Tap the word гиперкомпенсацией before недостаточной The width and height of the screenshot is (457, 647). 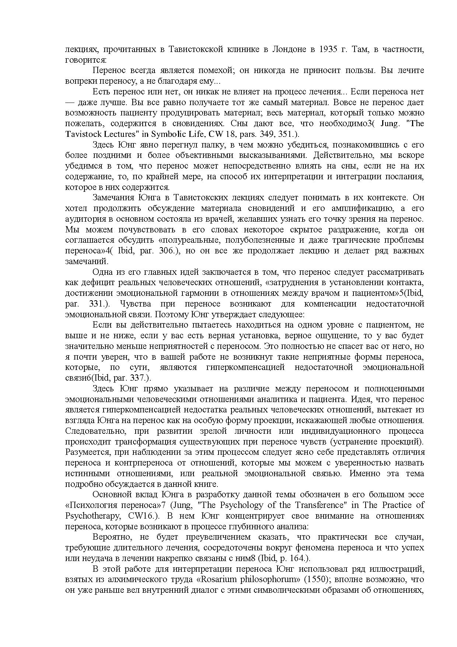[x=245, y=367]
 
